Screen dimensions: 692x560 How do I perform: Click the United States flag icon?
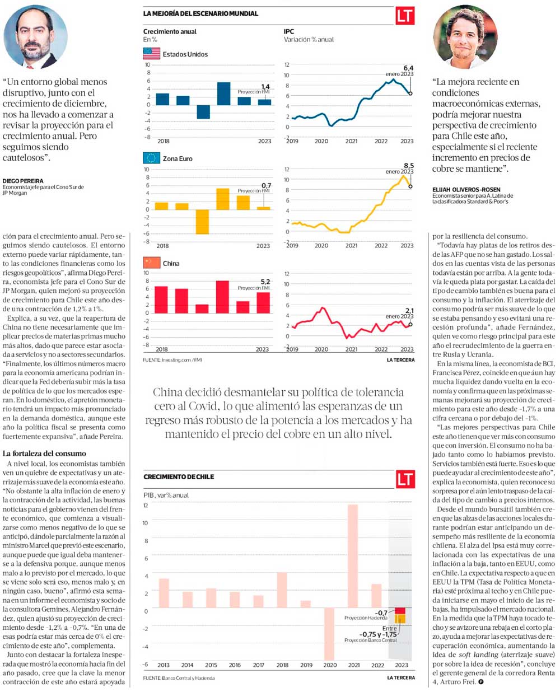click(151, 54)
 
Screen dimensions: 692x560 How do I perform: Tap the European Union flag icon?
click(151, 158)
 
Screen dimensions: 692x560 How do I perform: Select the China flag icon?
click(151, 263)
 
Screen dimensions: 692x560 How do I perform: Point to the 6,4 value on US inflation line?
click(408, 68)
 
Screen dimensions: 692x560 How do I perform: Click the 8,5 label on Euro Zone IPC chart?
click(408, 166)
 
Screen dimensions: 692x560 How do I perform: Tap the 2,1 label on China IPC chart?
click(409, 311)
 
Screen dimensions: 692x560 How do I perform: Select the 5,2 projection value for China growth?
click(265, 282)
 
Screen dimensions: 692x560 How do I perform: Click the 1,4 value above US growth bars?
click(265, 87)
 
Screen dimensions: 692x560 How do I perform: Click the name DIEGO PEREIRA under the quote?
click(23, 181)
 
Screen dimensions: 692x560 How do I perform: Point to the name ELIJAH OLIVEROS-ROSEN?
click(466, 189)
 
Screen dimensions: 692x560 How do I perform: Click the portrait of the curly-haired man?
click(465, 36)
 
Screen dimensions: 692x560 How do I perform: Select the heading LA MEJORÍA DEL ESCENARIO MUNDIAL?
click(200, 13)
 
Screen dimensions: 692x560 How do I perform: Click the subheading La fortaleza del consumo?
click(44, 453)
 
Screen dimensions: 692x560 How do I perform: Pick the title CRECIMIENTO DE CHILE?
click(179, 477)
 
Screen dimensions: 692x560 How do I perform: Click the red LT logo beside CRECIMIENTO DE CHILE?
click(405, 479)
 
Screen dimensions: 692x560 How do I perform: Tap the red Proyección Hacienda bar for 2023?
click(400, 611)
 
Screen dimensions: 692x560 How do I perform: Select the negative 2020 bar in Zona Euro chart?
click(202, 222)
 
